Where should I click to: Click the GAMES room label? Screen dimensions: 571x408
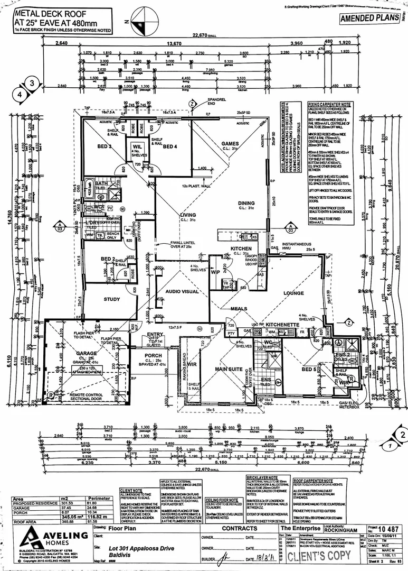tap(230, 143)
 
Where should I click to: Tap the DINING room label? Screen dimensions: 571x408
tap(246, 203)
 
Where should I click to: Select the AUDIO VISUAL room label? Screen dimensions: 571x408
tap(182, 291)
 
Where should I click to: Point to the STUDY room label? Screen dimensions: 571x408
tap(112, 299)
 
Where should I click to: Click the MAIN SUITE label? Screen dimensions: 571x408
tap(228, 369)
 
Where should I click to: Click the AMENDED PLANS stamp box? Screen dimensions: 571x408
tap(369, 18)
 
